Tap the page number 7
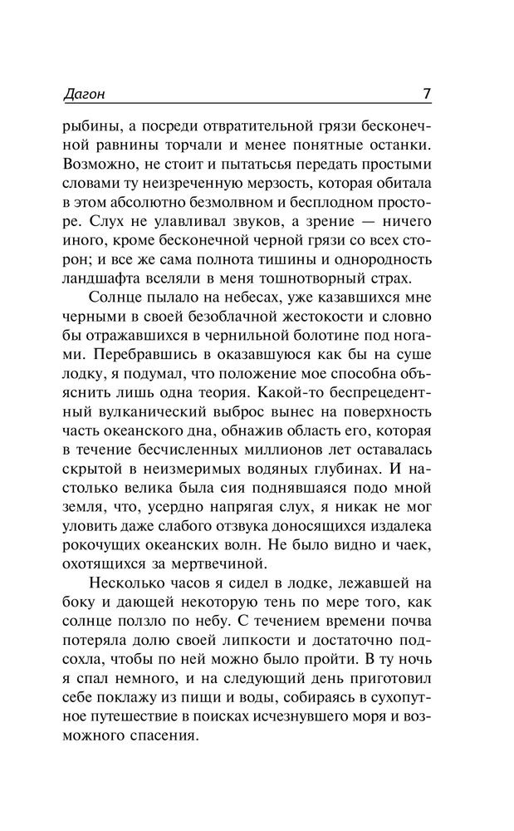pos(426,94)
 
